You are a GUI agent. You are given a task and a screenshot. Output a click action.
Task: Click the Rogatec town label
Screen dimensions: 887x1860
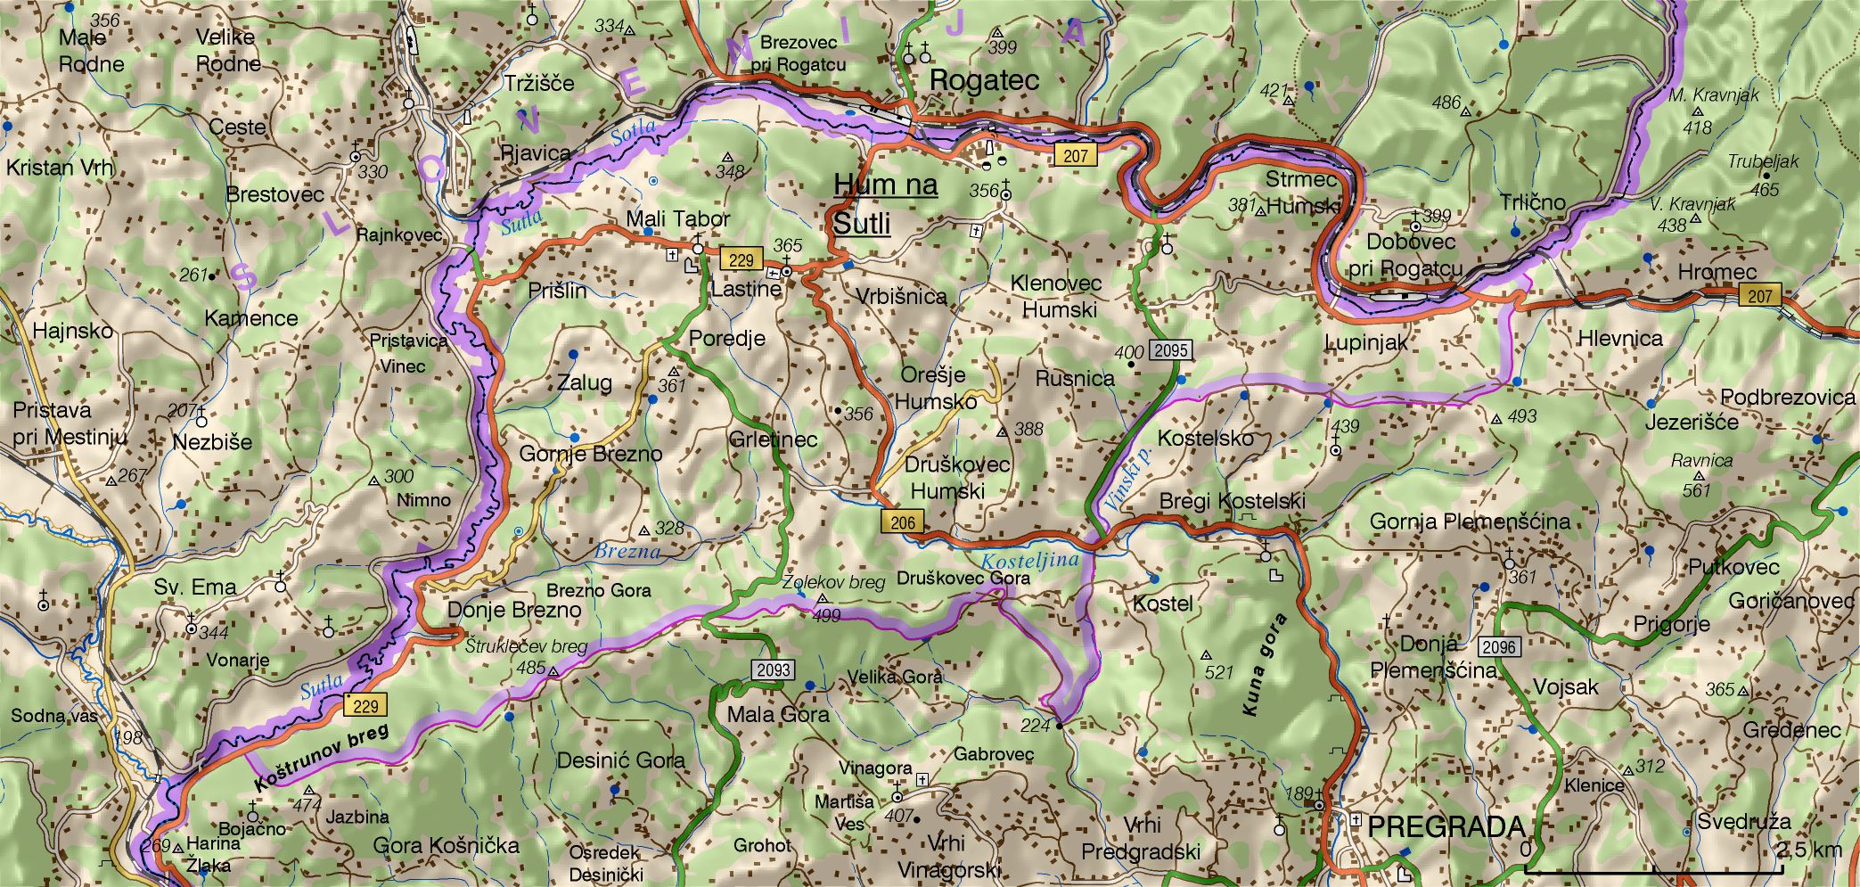[984, 80]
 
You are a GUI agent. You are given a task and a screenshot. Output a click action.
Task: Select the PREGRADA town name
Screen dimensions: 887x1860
[1446, 826]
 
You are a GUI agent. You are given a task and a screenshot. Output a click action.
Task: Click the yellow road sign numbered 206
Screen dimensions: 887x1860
[902, 522]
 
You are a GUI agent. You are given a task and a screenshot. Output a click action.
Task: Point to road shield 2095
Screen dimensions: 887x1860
[1170, 350]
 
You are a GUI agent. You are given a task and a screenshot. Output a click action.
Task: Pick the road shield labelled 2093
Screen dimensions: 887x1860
[773, 669]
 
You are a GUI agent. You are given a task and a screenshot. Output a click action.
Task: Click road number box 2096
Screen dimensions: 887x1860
[1498, 646]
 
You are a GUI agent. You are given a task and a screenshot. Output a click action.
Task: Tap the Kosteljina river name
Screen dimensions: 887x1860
[1029, 562]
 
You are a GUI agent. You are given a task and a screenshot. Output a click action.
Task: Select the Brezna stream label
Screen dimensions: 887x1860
[627, 551]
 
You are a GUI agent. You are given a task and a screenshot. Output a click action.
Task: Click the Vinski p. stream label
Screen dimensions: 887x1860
[1128, 480]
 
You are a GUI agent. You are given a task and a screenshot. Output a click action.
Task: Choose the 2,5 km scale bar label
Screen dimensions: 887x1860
[1808, 849]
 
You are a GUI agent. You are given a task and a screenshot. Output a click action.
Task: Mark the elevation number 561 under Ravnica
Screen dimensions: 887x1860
[1696, 490]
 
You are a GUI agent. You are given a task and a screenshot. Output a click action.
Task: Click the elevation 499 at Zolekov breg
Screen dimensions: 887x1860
[826, 615]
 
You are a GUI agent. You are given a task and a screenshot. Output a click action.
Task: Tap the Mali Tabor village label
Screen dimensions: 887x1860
[677, 218]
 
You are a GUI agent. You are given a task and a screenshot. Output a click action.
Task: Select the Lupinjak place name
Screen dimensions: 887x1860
[1365, 342]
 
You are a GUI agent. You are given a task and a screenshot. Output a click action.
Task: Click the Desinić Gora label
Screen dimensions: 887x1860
[620, 760]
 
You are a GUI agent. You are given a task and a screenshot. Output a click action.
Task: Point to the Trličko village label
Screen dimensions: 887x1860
[1532, 202]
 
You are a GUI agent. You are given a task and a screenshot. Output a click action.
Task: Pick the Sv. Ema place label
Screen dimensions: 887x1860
[194, 587]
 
